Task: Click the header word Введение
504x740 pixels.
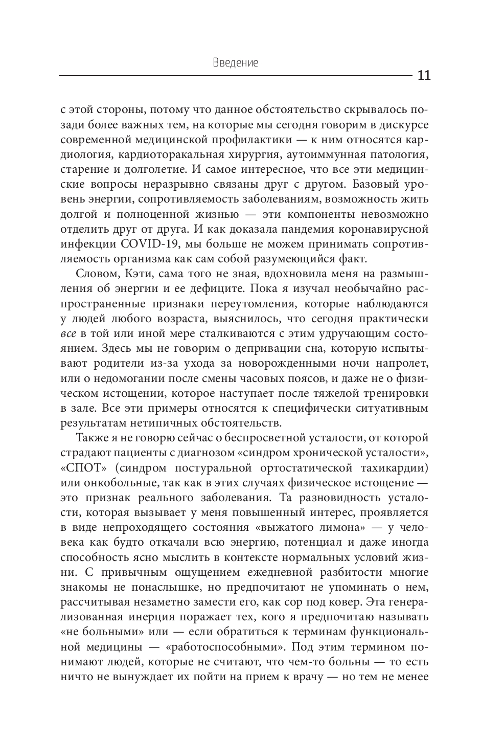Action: click(235, 63)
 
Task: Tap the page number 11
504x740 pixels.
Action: click(424, 76)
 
